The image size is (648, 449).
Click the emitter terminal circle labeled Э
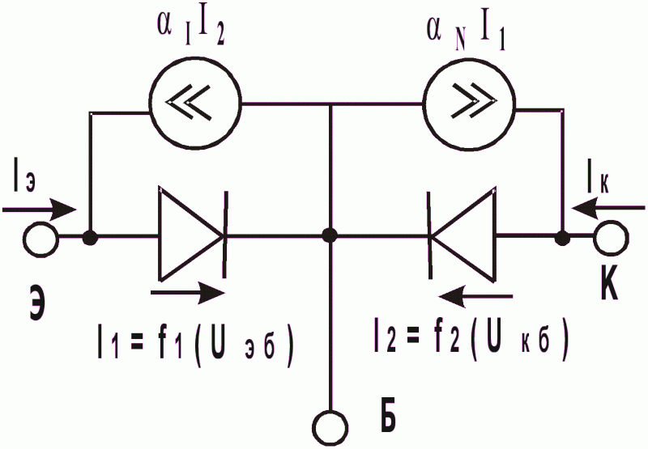point(41,239)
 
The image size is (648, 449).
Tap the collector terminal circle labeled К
point(612,238)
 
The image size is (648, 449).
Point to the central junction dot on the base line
point(330,235)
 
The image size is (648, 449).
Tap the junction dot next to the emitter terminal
point(90,238)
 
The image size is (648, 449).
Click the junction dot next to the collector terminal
point(562,238)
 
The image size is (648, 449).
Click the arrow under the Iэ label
point(40,210)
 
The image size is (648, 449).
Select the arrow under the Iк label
point(608,208)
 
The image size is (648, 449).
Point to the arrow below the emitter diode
point(188,293)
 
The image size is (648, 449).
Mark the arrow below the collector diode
point(475,296)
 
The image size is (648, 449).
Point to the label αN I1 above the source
point(465,35)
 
